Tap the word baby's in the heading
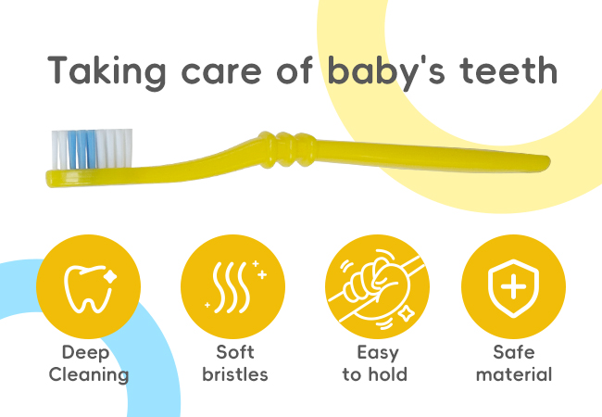[x=386, y=71]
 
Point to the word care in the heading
[x=221, y=74]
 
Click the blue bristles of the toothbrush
[x=82, y=149]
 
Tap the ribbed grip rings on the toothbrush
[x=287, y=149]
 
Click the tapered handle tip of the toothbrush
[x=544, y=162]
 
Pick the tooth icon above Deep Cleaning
[x=90, y=288]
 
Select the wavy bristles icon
[x=235, y=287]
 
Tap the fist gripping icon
[x=377, y=287]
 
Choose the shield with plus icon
[x=513, y=288]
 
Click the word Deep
[x=85, y=353]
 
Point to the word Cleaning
[x=89, y=374]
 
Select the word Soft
[x=235, y=352]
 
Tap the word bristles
[x=235, y=374]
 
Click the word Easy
[x=378, y=353]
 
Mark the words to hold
[x=375, y=374]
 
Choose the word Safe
[x=514, y=352]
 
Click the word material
[x=514, y=374]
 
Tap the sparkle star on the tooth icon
[x=110, y=276]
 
